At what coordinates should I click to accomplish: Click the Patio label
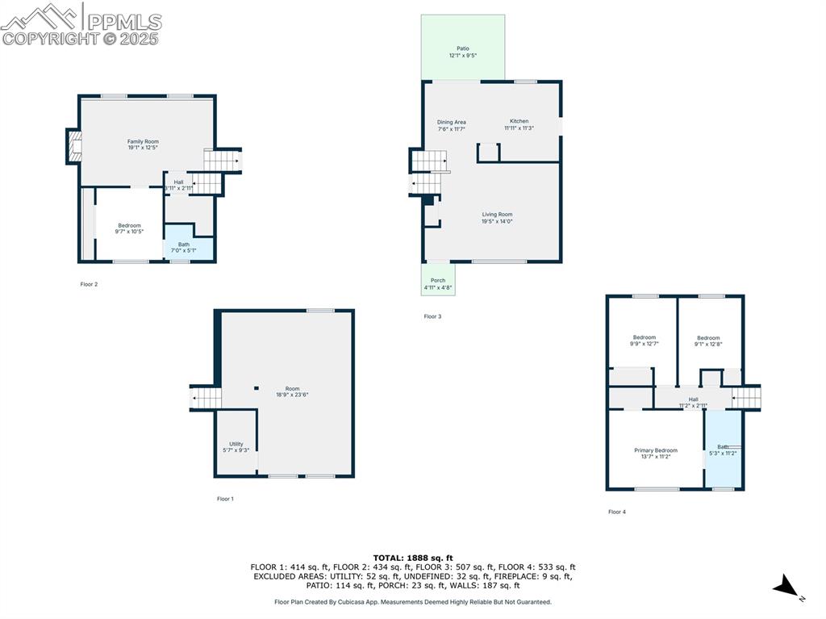pos(462,48)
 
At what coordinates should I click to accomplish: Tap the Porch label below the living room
pos(437,281)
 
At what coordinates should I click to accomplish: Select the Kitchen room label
pos(519,121)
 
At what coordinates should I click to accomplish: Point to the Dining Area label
pos(452,123)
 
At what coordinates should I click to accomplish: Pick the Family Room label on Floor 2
pos(143,141)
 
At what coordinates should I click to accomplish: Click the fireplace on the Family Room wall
pos(73,147)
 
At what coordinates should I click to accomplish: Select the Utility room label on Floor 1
pos(236,444)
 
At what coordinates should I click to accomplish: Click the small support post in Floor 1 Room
pos(257,387)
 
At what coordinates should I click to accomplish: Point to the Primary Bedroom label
pos(655,450)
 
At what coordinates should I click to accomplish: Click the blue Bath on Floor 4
pos(723,450)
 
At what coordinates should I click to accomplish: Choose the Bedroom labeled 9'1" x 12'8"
pos(708,338)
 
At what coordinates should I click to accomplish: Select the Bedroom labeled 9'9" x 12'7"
pos(644,337)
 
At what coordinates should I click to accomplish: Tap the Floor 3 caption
pos(432,316)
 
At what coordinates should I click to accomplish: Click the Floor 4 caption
pos(616,512)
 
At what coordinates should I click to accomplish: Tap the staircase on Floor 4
pos(746,397)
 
